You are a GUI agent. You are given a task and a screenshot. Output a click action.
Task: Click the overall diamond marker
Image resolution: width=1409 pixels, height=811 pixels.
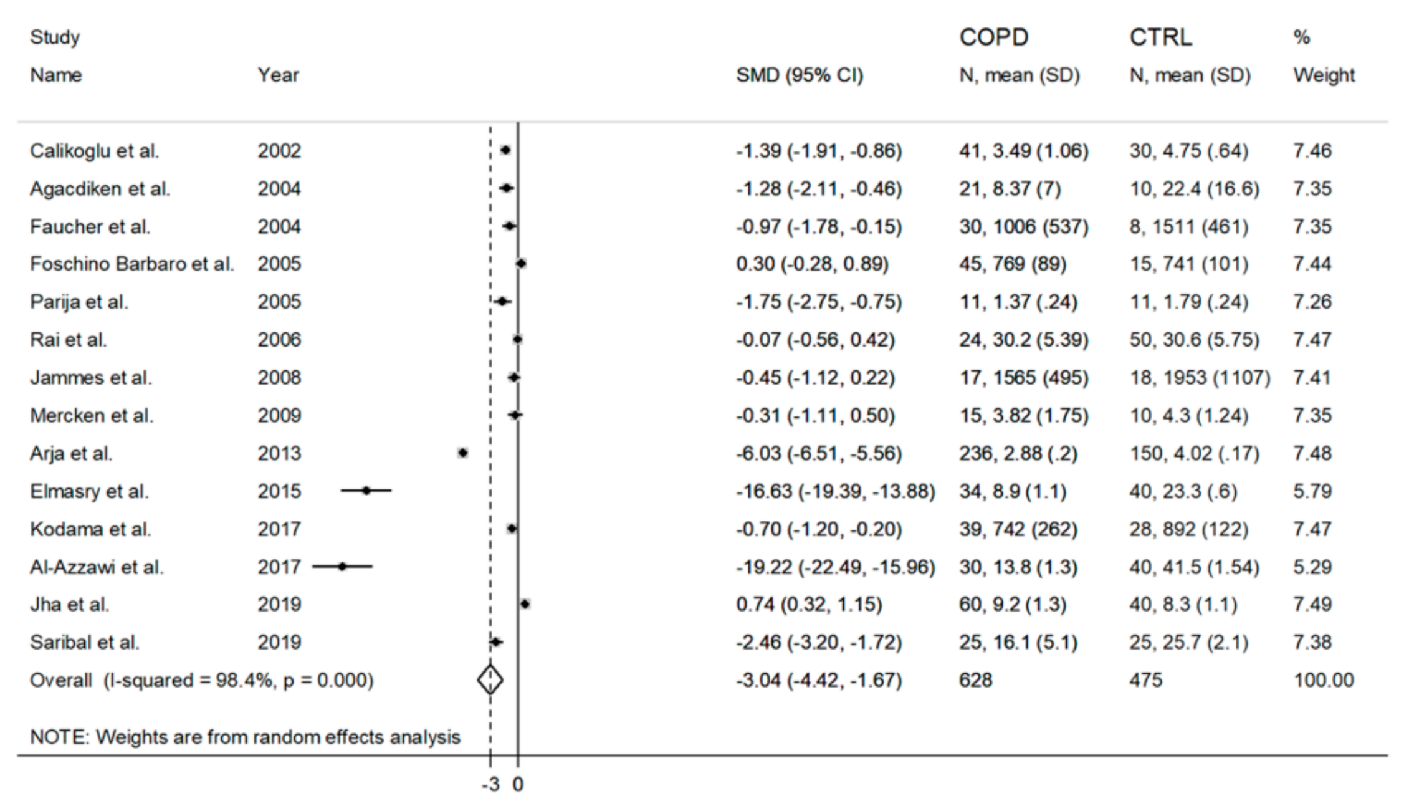coord(490,679)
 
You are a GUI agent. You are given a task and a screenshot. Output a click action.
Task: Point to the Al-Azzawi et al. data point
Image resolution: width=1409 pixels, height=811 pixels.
coord(342,567)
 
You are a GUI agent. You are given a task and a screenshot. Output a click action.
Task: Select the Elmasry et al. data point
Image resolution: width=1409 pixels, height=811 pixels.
coord(366,491)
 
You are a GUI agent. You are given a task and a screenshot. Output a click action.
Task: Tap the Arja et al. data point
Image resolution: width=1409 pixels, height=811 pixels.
coord(462,453)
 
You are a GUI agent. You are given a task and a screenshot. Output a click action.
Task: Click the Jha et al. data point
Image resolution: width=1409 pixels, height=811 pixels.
coord(525,604)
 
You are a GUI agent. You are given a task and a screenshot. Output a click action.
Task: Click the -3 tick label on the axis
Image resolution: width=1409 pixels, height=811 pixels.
coord(490,784)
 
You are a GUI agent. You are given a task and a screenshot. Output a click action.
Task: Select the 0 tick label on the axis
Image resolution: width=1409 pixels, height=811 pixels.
coord(518,784)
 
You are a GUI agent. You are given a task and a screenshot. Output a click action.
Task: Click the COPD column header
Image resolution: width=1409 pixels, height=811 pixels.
coord(993,37)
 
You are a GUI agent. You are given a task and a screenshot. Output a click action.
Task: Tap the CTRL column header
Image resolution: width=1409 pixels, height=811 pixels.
coord(1160,37)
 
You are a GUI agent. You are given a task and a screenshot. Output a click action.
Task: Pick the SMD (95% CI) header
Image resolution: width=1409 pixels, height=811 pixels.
coord(799,75)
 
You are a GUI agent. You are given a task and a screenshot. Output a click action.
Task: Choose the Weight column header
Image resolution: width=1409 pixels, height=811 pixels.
coord(1324,75)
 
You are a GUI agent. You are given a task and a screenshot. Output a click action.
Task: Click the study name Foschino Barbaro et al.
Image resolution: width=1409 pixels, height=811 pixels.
coord(131,264)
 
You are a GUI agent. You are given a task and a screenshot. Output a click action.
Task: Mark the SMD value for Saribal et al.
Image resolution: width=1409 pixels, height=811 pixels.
coord(818,642)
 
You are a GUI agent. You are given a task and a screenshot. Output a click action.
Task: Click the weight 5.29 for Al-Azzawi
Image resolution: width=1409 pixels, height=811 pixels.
coord(1312,567)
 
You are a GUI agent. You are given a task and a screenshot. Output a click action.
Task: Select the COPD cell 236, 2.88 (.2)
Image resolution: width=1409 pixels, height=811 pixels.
coord(1018,453)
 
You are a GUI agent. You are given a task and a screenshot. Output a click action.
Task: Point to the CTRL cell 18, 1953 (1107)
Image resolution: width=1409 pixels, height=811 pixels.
coord(1200,378)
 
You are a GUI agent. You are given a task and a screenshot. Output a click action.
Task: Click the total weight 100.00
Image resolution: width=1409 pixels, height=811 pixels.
coord(1324,679)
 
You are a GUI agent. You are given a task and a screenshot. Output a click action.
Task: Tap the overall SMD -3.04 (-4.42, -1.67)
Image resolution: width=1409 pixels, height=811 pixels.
coord(818,679)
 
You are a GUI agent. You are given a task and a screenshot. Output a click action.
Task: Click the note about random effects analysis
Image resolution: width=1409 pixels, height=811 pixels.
coord(245,737)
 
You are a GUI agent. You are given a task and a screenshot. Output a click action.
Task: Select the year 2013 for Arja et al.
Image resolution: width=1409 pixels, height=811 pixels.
coord(279,453)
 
